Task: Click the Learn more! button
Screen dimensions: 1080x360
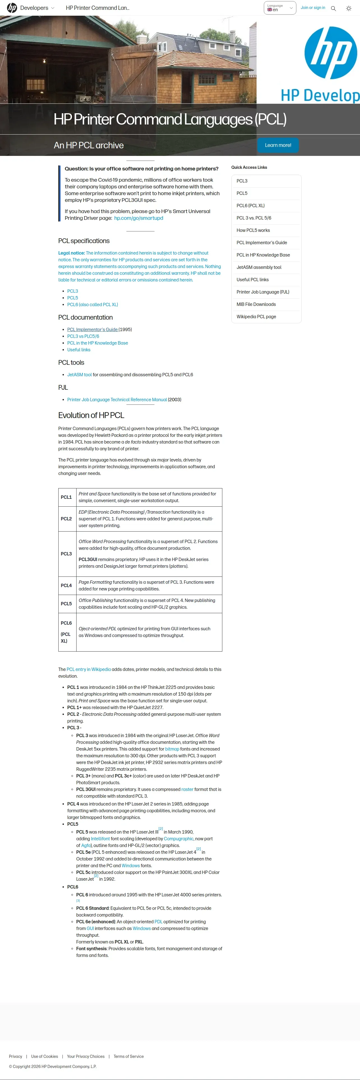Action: click(x=278, y=145)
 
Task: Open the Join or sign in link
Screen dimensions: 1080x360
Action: click(x=313, y=8)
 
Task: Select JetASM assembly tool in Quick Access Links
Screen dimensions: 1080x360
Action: click(x=259, y=267)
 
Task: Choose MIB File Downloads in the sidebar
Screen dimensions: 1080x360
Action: click(x=256, y=304)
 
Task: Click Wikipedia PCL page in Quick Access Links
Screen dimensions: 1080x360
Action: click(x=256, y=317)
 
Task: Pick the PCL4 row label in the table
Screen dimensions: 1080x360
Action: click(x=66, y=585)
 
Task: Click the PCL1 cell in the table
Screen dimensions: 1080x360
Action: click(x=66, y=497)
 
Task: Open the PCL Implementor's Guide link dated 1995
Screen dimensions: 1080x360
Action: click(x=93, y=329)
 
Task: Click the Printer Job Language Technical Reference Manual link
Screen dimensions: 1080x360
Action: click(x=117, y=400)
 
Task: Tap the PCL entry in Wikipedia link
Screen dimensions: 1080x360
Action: click(x=88, y=669)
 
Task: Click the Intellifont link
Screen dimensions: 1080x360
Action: click(x=100, y=839)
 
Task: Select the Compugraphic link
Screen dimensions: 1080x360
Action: click(x=179, y=839)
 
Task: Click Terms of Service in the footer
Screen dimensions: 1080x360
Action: click(x=129, y=1056)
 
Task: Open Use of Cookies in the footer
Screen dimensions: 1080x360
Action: click(x=44, y=1056)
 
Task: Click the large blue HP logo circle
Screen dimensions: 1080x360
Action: click(x=331, y=53)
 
